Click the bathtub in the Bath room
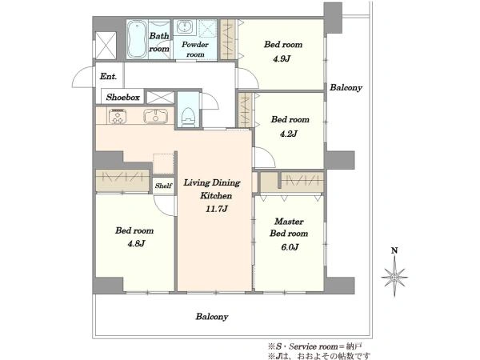point(137,39)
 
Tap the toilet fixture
point(188,117)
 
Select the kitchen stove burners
point(118,116)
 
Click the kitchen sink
point(155,116)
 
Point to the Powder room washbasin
point(185,27)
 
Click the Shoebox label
point(122,98)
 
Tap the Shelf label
point(163,186)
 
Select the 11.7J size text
point(217,209)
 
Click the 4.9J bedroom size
point(282,58)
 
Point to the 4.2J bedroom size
point(289,134)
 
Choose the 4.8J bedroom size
point(136,244)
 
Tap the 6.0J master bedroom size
point(290,246)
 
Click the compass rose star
point(394,277)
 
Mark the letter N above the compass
point(394,250)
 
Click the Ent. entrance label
point(108,76)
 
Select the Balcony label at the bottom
point(212,316)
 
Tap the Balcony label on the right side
point(346,87)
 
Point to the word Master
point(289,221)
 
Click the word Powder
point(195,44)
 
